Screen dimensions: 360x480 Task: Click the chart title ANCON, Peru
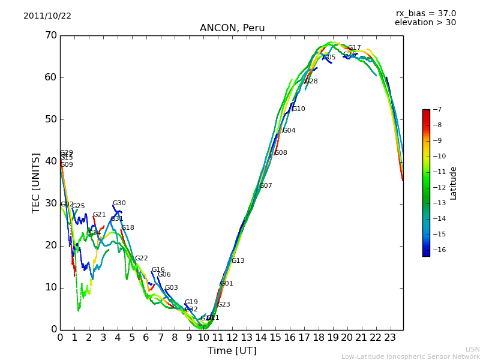pos(232,28)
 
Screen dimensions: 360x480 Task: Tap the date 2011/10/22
pos(47,16)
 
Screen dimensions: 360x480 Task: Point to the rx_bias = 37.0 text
pos(425,14)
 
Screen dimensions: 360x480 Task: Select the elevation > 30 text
pos(425,23)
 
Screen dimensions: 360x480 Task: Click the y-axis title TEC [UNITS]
pos(36,182)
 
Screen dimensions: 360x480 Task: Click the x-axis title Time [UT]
pos(232,351)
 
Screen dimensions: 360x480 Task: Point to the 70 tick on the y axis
pos(50,35)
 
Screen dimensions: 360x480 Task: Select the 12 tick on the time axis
pos(232,338)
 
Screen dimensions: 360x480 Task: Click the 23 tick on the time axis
pos(390,338)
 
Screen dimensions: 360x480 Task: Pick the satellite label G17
pos(355,48)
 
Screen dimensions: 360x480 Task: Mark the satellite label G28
pos(311,82)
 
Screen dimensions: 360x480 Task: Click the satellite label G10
pos(299,109)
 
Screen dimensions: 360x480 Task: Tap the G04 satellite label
pos(289,131)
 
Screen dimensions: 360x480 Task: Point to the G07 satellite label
pos(266,186)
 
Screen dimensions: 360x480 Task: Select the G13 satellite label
pos(238,261)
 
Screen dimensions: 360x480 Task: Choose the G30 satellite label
pos(119,203)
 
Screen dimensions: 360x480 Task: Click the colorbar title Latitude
pos(454,182)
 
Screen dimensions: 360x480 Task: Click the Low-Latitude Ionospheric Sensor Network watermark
pos(410,356)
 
